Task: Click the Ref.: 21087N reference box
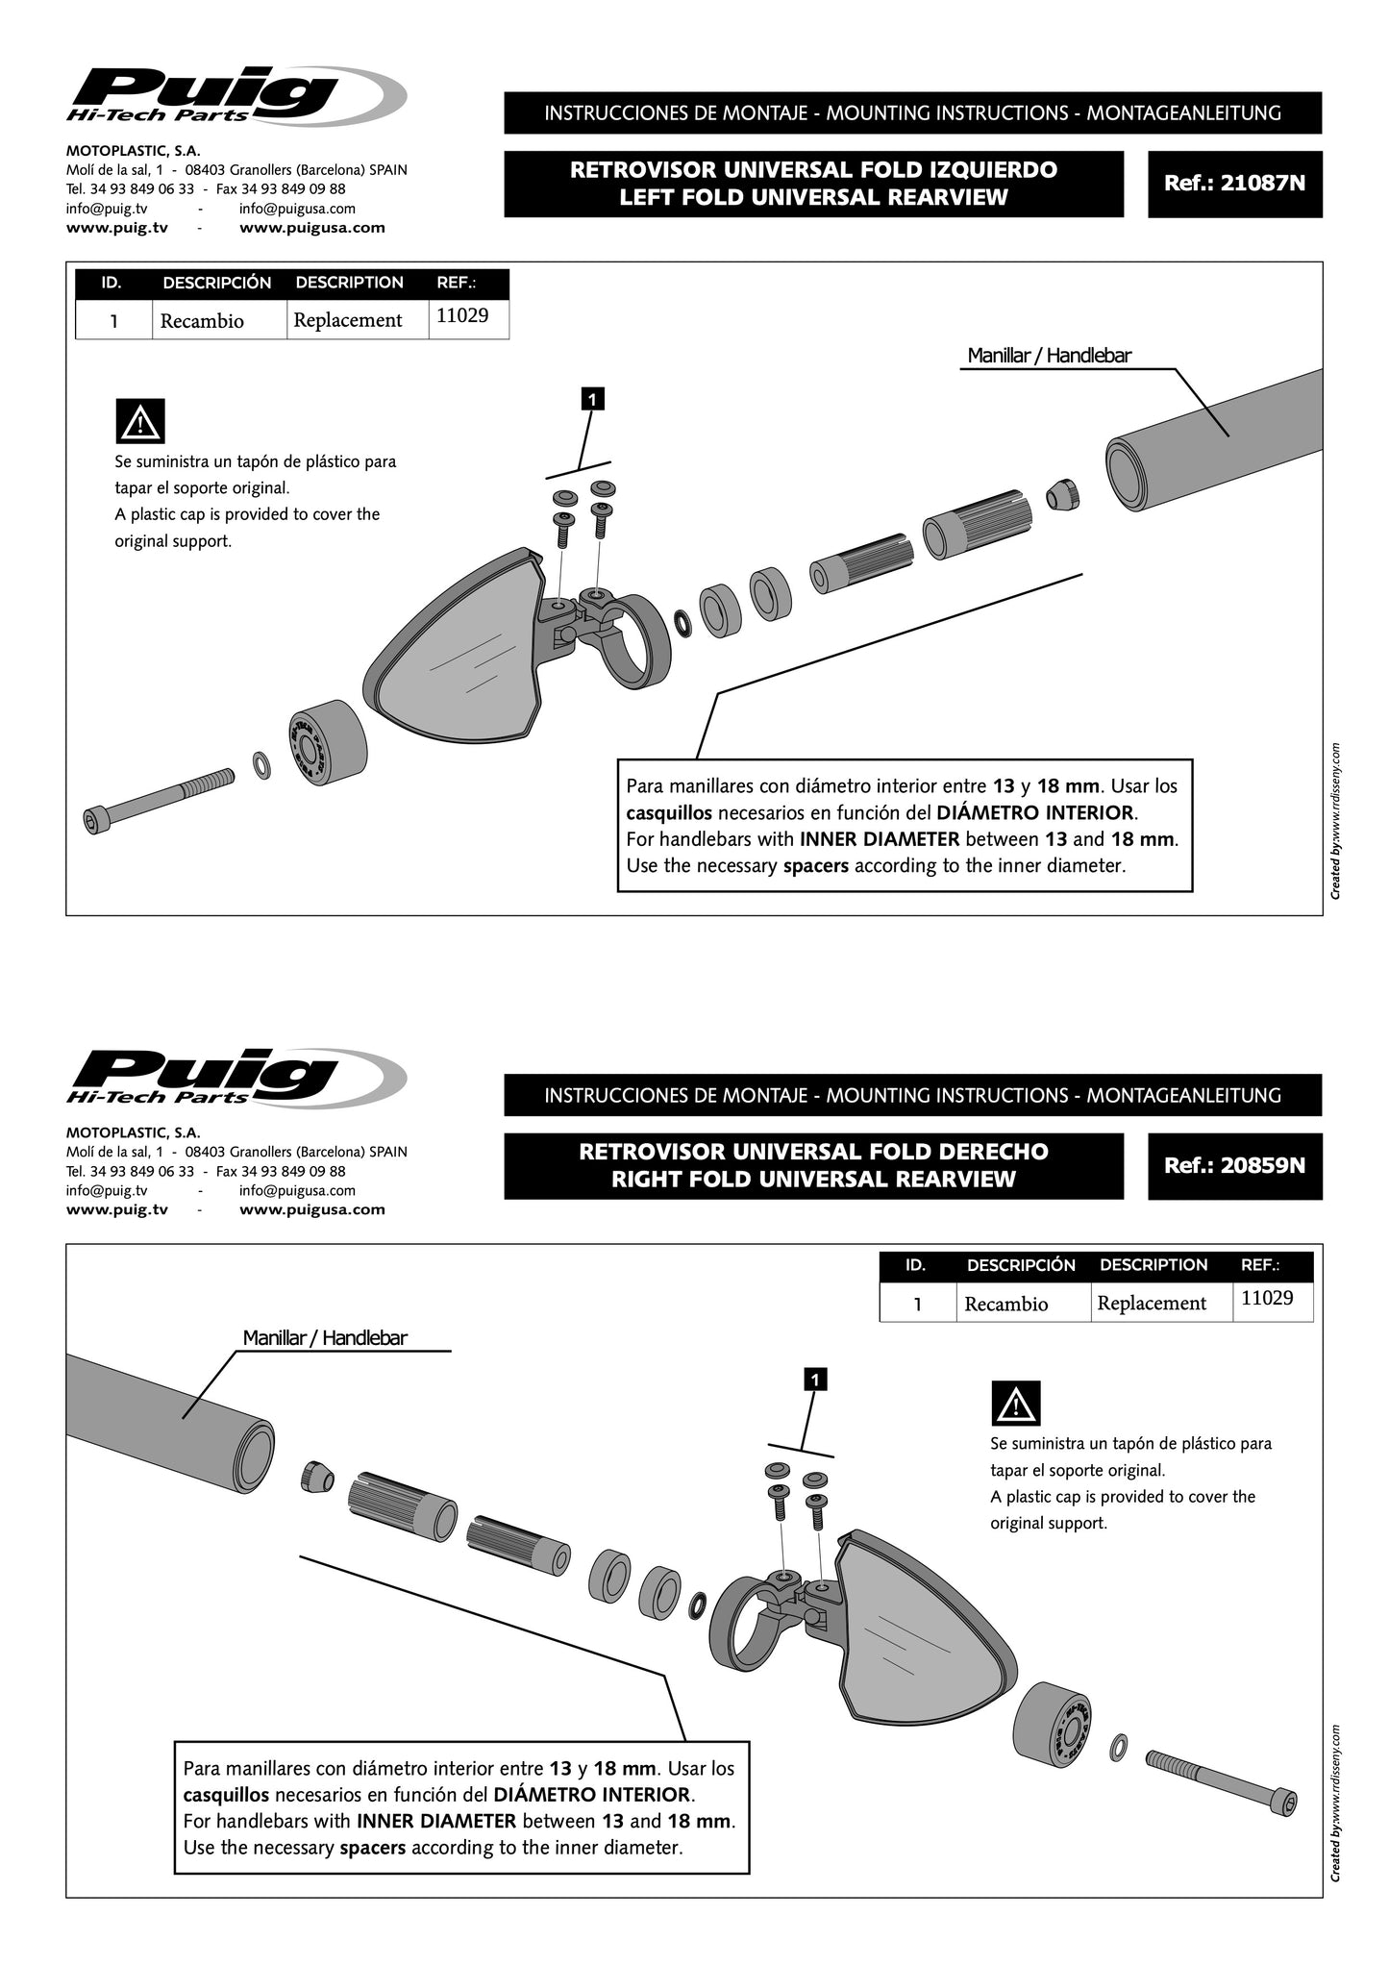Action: point(1234,184)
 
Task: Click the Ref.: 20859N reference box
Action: point(1234,1166)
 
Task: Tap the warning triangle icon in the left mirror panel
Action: point(139,421)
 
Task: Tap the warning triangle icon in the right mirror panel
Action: point(1015,1404)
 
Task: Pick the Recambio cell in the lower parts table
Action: point(1005,1304)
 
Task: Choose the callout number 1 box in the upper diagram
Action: point(594,398)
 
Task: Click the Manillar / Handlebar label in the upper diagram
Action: point(1049,356)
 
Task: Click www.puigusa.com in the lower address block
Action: point(311,1209)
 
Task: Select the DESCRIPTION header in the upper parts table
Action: point(349,284)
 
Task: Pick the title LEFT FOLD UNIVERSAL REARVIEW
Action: point(813,197)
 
